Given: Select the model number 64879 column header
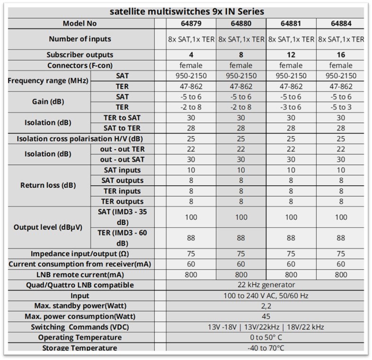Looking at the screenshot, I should pos(192,24).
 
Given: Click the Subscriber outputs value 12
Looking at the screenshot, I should pos(291,55).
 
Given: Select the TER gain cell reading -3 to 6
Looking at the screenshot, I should pos(291,107).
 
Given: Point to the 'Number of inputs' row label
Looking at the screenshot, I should pos(80,39).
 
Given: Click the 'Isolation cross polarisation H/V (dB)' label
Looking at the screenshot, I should pos(80,139).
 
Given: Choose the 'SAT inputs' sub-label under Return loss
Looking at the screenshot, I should pos(122,170).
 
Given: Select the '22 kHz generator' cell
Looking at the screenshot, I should pos(266,285).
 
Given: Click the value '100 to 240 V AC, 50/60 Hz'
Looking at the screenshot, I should pos(266,296).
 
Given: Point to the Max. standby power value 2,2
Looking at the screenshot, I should pos(266,306).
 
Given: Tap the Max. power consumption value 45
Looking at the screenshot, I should pos(266,316).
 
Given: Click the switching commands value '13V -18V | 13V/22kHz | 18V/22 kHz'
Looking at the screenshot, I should pos(266,327).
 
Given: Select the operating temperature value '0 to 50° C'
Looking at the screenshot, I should pos(266,338).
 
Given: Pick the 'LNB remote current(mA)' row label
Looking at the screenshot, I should pos(80,275).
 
